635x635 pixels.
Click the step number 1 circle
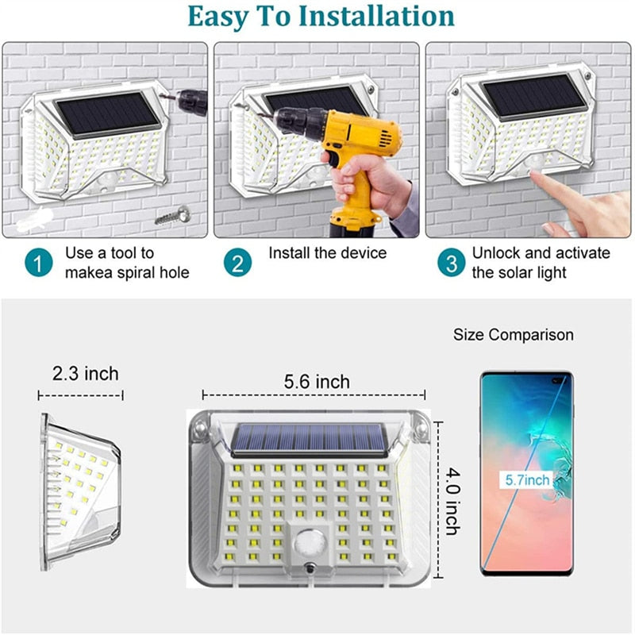point(38,263)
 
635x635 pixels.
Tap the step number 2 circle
point(237,263)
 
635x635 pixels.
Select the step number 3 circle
point(452,263)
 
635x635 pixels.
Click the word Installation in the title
point(376,16)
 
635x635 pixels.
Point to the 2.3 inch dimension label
point(86,373)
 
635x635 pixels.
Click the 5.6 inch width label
point(317,382)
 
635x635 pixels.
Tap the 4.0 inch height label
point(452,501)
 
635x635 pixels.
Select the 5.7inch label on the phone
point(527,480)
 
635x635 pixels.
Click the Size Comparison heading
point(513,335)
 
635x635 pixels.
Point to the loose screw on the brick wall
point(173,215)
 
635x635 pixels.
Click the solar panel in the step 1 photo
point(108,114)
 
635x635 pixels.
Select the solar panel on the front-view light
point(309,439)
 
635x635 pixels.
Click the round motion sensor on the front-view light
point(310,542)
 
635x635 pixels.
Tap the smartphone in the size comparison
point(527,473)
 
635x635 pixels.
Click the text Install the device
point(328,253)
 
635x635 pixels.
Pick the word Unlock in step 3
point(495,253)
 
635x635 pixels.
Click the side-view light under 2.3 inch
point(80,491)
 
